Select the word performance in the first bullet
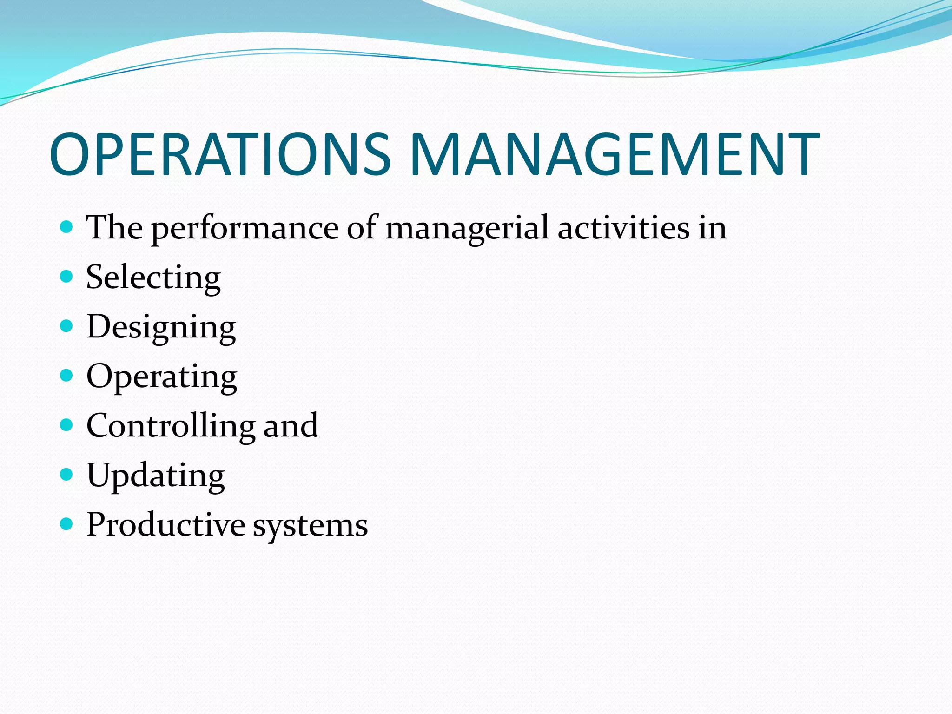coord(245,229)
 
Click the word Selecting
coord(153,278)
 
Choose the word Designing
coord(161,328)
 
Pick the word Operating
coord(162,377)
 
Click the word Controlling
coord(171,426)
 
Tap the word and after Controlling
coord(291,426)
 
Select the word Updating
coord(156,476)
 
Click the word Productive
coord(166,525)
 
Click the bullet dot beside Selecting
coord(67,277)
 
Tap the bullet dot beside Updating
coord(67,474)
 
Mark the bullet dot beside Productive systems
coord(67,524)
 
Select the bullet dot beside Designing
coord(67,326)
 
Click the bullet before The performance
coord(67,227)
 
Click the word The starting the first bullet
coord(114,228)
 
